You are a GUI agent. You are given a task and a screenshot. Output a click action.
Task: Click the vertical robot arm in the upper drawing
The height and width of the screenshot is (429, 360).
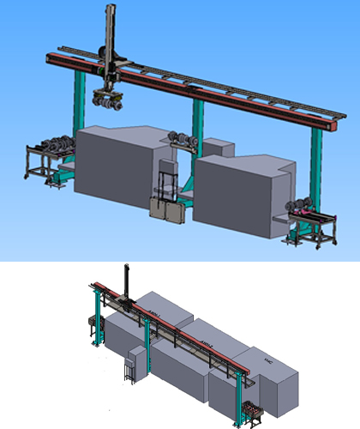(109, 39)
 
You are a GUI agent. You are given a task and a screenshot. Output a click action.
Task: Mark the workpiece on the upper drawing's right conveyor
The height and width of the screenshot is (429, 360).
(301, 204)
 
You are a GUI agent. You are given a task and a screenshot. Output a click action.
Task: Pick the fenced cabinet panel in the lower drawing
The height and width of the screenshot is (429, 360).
(130, 367)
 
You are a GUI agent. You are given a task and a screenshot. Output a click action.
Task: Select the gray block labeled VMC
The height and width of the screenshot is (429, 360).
(274, 378)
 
